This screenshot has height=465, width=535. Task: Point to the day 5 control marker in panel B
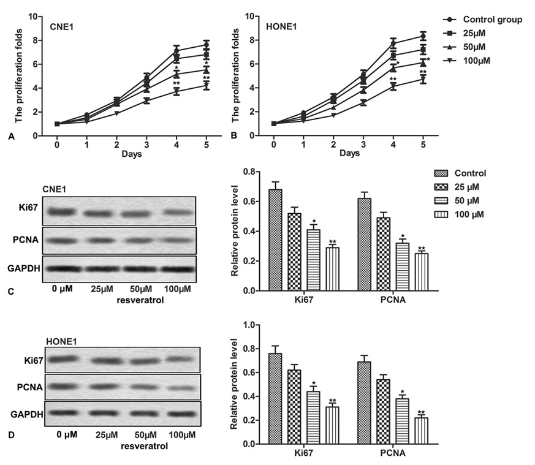(423, 36)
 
